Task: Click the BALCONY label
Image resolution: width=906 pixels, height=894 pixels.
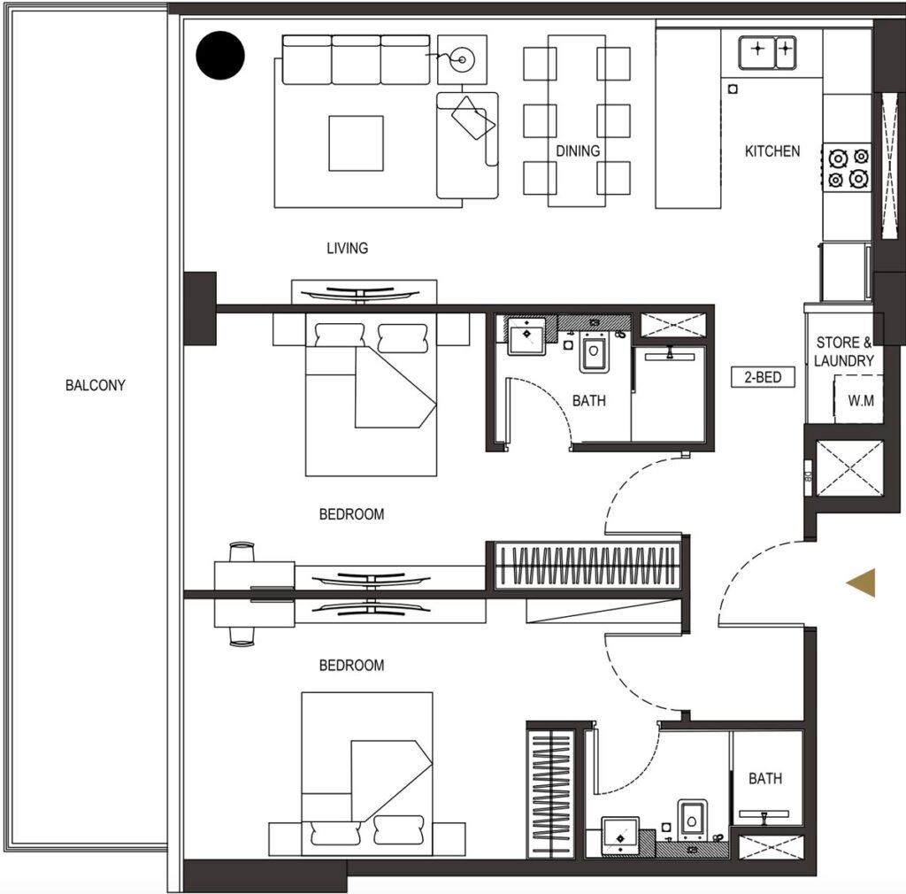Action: (x=96, y=385)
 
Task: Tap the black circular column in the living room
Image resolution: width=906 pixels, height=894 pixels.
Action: (x=220, y=56)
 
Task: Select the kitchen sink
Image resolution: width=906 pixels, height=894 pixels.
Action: (x=767, y=52)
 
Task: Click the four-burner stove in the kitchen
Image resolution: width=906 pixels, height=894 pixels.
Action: (x=847, y=167)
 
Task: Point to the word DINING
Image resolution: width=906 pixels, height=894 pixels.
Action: (x=578, y=150)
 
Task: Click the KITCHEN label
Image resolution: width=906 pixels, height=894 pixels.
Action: (x=772, y=151)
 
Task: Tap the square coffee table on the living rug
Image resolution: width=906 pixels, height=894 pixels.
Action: (x=356, y=143)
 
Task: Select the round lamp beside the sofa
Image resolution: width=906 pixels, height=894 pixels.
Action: (x=462, y=59)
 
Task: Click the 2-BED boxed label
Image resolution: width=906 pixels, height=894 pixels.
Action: (x=763, y=377)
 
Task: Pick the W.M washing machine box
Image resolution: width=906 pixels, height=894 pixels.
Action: (x=858, y=399)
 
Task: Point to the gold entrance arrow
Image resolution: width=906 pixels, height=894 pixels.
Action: (x=861, y=582)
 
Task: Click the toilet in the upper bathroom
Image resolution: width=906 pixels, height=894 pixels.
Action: (x=594, y=351)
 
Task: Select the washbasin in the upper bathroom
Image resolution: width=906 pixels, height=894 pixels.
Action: (x=526, y=335)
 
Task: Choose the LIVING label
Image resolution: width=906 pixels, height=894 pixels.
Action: (x=347, y=248)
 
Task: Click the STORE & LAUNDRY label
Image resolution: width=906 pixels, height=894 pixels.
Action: (x=843, y=351)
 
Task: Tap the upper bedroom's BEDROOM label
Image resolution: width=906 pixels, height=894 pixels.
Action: (x=351, y=513)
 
